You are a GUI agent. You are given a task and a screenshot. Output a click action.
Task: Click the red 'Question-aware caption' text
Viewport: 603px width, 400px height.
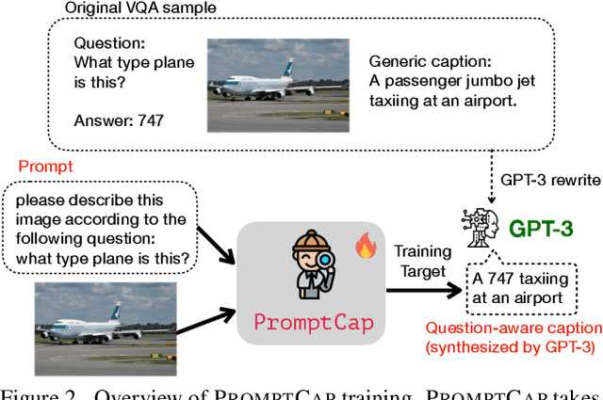(513, 328)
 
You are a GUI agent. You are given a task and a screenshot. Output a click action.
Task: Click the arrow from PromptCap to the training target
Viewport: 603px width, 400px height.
(423, 288)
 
